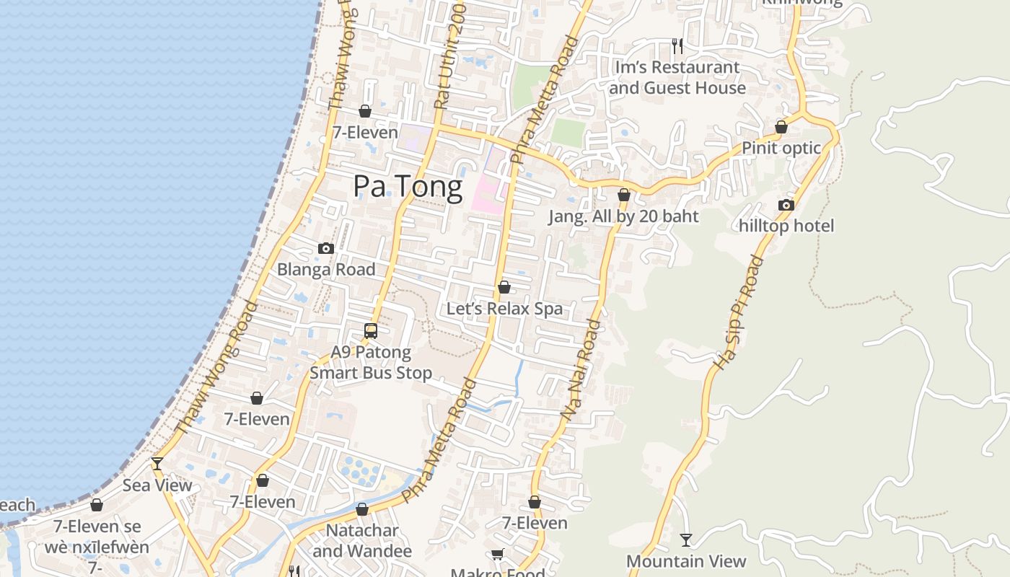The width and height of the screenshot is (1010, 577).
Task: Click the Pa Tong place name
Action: click(x=408, y=187)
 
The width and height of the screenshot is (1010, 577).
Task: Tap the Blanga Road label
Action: click(x=326, y=269)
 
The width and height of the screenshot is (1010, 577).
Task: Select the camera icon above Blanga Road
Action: click(x=326, y=249)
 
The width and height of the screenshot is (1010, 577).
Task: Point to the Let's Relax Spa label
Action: click(x=504, y=309)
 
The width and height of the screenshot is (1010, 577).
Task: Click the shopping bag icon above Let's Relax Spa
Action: click(x=504, y=287)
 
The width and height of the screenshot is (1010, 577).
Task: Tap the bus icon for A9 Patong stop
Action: click(x=371, y=331)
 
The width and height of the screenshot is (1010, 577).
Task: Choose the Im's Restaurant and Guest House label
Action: click(x=677, y=77)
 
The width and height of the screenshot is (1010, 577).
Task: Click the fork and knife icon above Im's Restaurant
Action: click(x=677, y=46)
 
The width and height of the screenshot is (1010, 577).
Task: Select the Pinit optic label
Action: click(x=781, y=148)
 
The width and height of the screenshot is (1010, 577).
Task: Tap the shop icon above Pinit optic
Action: click(x=781, y=127)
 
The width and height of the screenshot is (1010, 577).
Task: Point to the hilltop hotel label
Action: click(x=786, y=226)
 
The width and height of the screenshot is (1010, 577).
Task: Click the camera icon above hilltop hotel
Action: click(x=786, y=206)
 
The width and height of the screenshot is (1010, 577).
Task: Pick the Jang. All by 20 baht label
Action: click(x=623, y=216)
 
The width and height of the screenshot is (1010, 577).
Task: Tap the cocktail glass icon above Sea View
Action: click(x=157, y=463)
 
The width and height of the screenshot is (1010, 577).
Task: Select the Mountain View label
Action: click(x=686, y=561)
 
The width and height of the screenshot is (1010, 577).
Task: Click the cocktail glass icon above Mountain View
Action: click(x=686, y=539)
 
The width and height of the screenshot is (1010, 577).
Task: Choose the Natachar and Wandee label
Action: click(x=362, y=541)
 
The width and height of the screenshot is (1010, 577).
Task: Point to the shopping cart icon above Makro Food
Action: click(x=497, y=554)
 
